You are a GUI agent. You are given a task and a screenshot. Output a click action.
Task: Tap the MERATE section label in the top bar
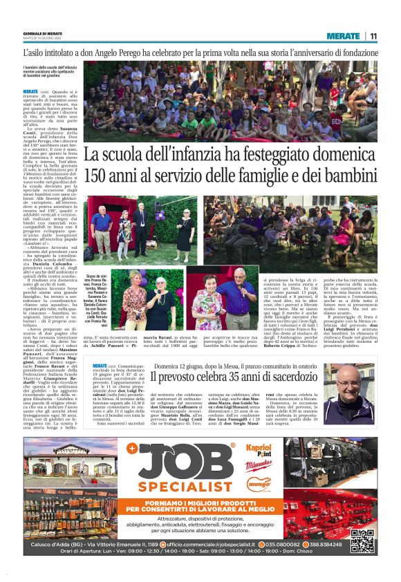tap(343, 36)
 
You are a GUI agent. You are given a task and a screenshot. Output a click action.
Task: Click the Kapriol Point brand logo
tap(259, 451)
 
